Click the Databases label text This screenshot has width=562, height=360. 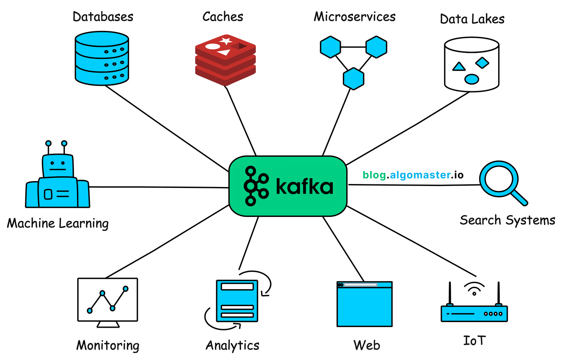(x=103, y=17)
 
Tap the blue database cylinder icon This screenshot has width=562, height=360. (x=102, y=59)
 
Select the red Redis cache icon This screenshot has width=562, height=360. (x=225, y=60)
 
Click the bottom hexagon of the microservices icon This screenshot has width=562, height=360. (x=353, y=79)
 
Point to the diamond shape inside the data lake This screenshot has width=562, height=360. (x=482, y=62)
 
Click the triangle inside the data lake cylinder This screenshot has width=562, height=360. (x=459, y=67)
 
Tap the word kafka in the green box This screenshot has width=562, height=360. (x=304, y=187)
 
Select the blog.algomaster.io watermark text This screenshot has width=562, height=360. (x=413, y=175)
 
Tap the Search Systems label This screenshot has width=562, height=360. (x=507, y=220)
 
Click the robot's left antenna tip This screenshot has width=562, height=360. (x=49, y=143)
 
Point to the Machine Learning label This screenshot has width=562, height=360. (x=58, y=223)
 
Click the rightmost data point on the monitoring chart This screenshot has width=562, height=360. (x=126, y=289)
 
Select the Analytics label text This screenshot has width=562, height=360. (x=232, y=345)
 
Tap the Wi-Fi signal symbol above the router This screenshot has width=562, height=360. (x=474, y=288)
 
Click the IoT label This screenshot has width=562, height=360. (x=474, y=341)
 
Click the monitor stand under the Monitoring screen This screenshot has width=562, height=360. (x=108, y=324)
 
